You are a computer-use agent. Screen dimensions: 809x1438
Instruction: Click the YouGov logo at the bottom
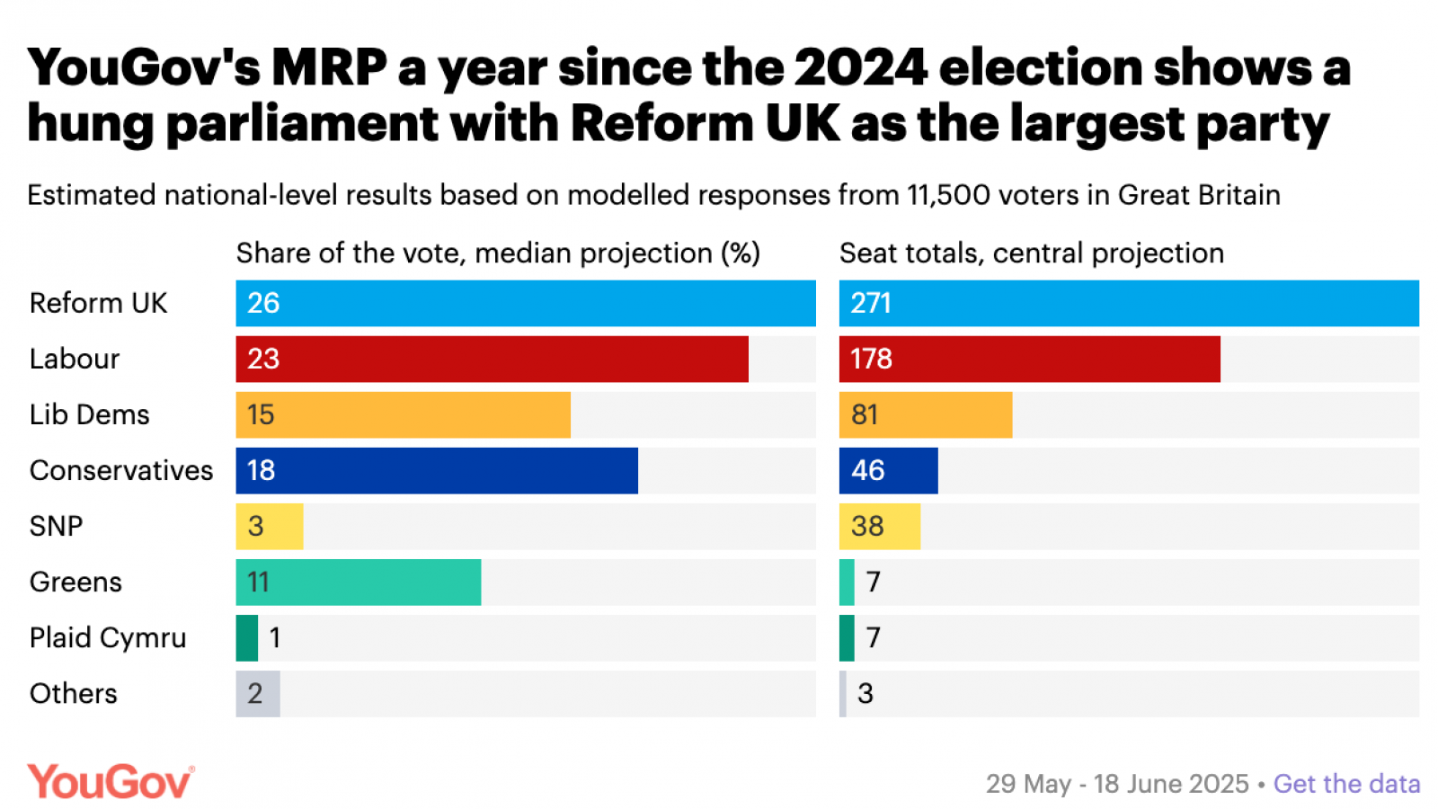(111, 781)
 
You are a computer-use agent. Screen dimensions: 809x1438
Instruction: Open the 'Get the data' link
(1346, 784)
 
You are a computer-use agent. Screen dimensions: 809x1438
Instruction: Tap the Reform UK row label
(98, 304)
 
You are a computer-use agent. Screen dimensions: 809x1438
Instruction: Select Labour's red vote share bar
(492, 360)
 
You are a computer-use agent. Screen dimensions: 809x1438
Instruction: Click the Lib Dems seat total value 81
(865, 415)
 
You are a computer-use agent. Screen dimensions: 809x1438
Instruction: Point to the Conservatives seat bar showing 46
(888, 471)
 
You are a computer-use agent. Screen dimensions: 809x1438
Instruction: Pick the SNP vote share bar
(270, 527)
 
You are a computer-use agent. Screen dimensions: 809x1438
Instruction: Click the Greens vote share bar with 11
(358, 582)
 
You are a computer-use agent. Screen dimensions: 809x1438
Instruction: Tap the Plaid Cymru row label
(108, 638)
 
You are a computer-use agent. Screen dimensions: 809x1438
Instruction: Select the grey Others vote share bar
(258, 694)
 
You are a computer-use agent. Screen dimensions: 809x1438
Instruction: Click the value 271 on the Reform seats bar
(871, 304)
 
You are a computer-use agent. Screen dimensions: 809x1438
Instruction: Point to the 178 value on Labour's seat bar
(871, 360)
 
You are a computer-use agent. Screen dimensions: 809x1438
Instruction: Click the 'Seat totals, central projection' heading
(1031, 253)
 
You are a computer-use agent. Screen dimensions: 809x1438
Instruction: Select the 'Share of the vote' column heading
(497, 253)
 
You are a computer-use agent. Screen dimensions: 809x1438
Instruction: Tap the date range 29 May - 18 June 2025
(1117, 784)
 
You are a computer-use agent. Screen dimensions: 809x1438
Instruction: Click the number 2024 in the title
(860, 67)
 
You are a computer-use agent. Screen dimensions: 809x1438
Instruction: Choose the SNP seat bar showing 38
(879, 527)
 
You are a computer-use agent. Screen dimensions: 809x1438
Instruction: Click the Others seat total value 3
(865, 694)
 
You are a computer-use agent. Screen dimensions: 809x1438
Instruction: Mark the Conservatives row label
(121, 471)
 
